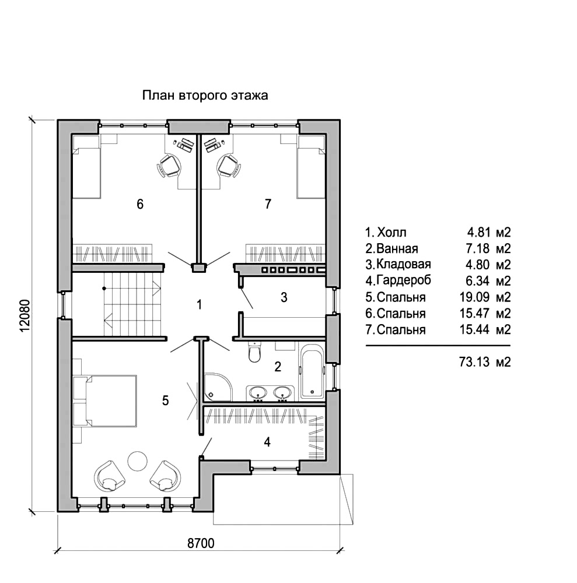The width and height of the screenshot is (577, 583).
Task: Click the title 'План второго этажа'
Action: [x=205, y=96]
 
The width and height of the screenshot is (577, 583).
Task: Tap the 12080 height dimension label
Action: [x=25, y=315]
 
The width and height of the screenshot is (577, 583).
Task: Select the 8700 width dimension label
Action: [x=201, y=543]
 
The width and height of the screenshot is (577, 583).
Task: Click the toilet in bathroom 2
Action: [x=255, y=352]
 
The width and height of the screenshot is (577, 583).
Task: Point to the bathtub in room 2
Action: [x=312, y=371]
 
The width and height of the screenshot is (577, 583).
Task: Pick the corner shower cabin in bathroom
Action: [x=218, y=387]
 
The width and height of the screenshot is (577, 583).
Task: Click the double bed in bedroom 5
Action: [x=105, y=401]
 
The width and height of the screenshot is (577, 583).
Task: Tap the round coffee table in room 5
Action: [x=138, y=461]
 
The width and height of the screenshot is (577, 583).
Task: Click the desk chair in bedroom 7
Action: [x=229, y=166]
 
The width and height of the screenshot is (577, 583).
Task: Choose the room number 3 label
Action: [x=284, y=297]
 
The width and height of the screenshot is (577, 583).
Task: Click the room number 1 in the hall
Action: [x=200, y=305]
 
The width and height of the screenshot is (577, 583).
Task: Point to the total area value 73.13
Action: [x=474, y=362]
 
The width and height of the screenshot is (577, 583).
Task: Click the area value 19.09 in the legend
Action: [x=474, y=297]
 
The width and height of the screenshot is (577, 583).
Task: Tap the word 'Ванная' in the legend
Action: [x=397, y=248]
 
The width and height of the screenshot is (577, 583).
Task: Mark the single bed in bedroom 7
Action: [x=312, y=167]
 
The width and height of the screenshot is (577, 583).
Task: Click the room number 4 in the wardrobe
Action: [x=267, y=442]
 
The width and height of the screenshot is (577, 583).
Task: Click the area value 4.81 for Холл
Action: [x=478, y=233]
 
